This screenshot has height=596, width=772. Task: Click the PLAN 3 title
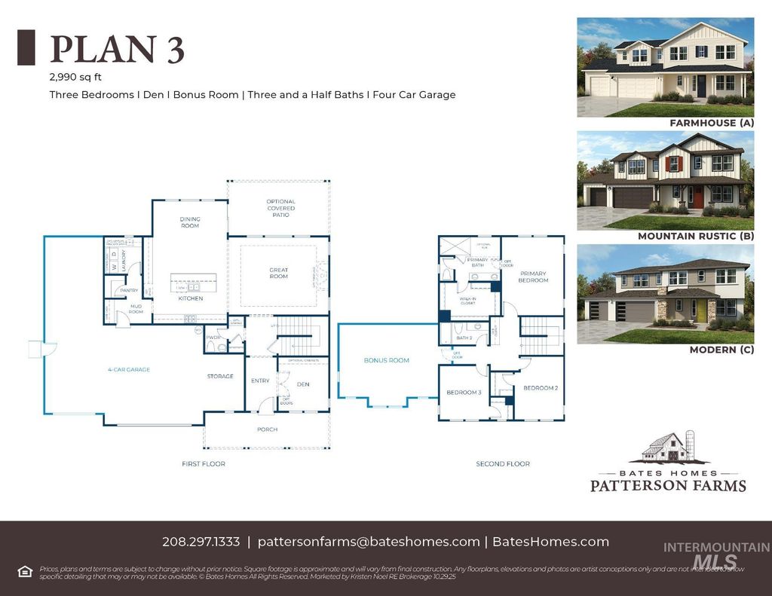[x=117, y=49]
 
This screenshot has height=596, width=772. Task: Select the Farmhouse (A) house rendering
[x=665, y=67]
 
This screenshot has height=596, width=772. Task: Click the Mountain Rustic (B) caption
[x=696, y=236]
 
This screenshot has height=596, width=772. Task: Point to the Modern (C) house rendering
[x=665, y=294]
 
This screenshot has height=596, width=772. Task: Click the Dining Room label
[x=190, y=222]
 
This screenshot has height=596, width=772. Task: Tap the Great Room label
[x=279, y=273]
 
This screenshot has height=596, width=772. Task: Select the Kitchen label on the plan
[x=191, y=298]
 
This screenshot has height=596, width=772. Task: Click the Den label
[x=303, y=384]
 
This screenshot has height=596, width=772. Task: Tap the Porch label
[x=267, y=429]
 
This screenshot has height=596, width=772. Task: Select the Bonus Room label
[x=387, y=360]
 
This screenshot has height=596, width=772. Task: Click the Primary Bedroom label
[x=533, y=277]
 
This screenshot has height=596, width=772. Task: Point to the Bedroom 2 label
[x=541, y=387]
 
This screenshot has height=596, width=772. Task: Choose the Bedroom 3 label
[x=464, y=393]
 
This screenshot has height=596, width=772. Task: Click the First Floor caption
[x=204, y=463]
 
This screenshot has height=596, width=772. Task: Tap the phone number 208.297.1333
[x=201, y=542]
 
